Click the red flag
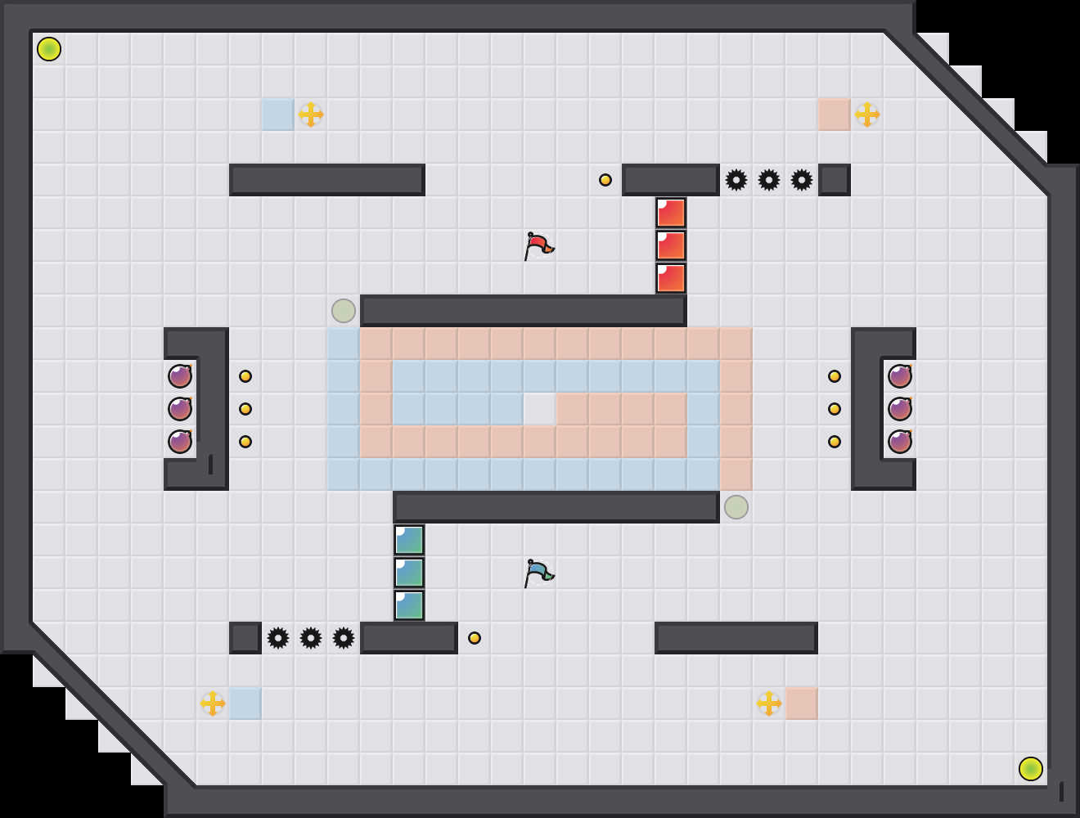coord(538,245)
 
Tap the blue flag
coord(538,573)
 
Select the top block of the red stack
coord(671,213)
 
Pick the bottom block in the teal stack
coord(409,605)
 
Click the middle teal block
coord(409,573)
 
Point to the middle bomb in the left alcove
coord(180,409)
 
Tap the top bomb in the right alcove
coord(900,376)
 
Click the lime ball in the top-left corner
coord(49,49)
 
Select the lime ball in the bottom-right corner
coord(1031,769)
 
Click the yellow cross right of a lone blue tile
coord(311,115)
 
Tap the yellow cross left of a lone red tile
coord(769,703)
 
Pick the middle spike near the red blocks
coord(769,180)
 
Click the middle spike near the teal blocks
coord(311,638)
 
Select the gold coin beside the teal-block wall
coord(475,638)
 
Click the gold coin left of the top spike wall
coord(605,180)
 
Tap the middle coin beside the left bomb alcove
coord(245,409)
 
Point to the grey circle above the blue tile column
coord(344,311)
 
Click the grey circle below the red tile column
coord(736,507)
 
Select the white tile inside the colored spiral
coord(540,409)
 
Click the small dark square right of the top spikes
coord(835,180)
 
